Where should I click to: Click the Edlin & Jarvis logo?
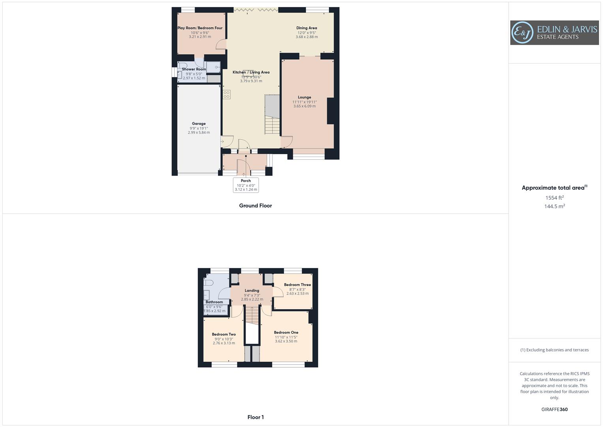(554, 33)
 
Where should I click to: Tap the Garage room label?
(199, 124)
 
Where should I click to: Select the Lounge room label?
(304, 97)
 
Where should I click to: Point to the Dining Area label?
(306, 28)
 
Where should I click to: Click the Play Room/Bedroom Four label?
(200, 28)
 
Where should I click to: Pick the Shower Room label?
(194, 69)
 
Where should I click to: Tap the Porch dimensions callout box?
(246, 185)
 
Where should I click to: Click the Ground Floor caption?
(255, 206)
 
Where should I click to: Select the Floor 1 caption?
(255, 417)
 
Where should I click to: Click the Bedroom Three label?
(297, 285)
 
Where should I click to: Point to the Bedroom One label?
(286, 333)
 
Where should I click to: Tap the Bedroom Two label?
(224, 334)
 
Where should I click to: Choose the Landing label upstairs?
(252, 291)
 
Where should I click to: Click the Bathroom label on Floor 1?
(214, 302)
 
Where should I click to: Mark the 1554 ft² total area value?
(554, 198)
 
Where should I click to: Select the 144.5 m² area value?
(554, 206)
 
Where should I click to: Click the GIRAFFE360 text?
(554, 410)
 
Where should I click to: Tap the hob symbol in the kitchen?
(227, 94)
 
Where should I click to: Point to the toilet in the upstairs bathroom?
(209, 283)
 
